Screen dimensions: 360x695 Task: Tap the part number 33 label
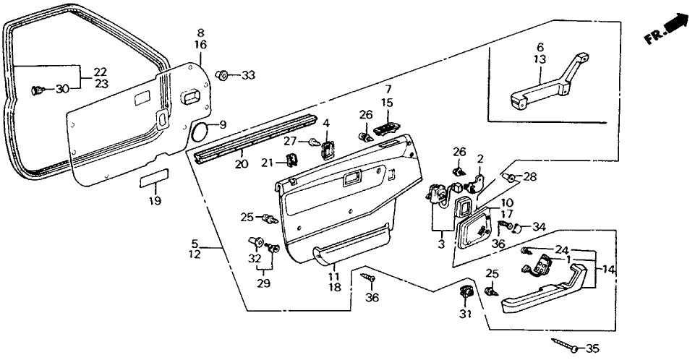click(x=249, y=75)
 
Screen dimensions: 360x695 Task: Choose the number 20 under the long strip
click(x=240, y=164)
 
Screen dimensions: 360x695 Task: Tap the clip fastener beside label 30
click(x=38, y=90)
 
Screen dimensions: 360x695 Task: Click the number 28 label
click(x=530, y=177)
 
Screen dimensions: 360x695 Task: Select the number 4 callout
click(x=326, y=124)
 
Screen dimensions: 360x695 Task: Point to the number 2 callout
click(x=478, y=158)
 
